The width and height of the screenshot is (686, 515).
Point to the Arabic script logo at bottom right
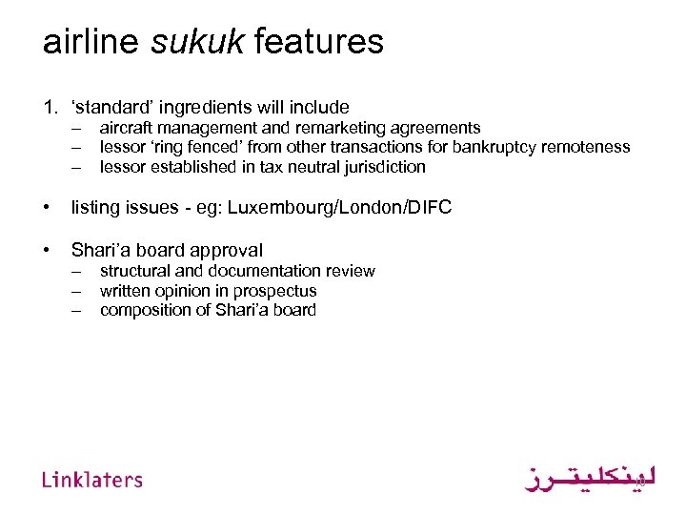[x=591, y=477]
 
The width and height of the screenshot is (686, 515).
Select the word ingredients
[x=206, y=108]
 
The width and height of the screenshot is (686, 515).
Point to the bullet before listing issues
[x=46, y=207]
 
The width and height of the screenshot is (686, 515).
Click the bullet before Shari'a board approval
[x=46, y=250]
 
